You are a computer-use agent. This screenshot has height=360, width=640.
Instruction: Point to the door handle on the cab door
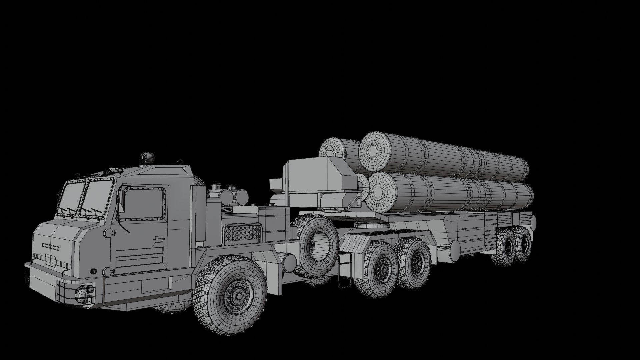[x=158, y=239]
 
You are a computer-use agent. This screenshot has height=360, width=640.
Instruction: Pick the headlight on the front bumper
[x=81, y=292]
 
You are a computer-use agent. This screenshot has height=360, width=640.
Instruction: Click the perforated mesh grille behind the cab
[x=241, y=233]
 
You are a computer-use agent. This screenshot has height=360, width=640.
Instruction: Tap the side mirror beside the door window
[x=121, y=203]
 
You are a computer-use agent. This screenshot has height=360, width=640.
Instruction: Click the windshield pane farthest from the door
[x=71, y=198]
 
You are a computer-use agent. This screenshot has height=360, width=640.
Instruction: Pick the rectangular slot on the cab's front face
[x=51, y=247]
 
